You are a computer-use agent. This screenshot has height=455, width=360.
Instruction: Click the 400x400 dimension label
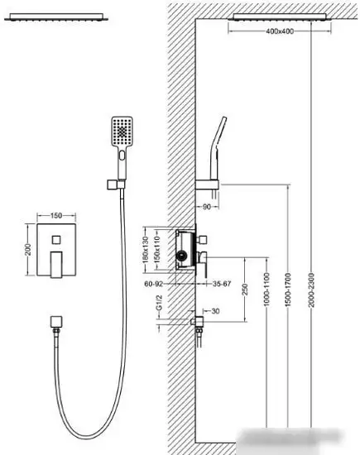280,31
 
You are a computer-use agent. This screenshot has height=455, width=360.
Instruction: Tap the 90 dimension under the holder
206,207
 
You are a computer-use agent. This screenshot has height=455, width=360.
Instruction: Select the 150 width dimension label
56,216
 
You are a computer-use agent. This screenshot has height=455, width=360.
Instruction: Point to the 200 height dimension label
28,250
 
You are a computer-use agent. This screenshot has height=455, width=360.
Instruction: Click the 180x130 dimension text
146,250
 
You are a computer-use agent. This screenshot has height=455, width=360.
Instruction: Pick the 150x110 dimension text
156,250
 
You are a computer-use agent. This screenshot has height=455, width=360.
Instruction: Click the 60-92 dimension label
154,284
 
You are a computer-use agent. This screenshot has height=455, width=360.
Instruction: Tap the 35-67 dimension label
222,284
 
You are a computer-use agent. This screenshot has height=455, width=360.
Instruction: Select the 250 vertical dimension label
245,290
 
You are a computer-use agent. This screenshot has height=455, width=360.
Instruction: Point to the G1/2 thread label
159,302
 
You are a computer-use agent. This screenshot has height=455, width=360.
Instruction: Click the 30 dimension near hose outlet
216,311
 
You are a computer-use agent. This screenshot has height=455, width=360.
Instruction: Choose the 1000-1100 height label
266,290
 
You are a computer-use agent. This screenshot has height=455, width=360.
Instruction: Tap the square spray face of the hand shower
122,132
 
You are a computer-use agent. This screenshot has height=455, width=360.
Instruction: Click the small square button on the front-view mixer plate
56,240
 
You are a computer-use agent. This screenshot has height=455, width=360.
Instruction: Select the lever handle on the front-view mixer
56,265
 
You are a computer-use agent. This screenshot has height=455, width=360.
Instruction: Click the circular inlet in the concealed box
182,256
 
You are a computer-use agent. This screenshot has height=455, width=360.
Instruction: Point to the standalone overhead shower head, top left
56,17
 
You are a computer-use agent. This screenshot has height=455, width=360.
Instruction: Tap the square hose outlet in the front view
55,322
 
